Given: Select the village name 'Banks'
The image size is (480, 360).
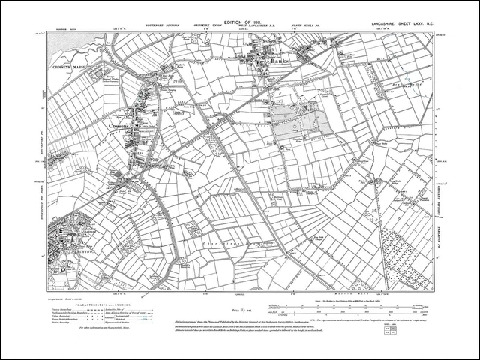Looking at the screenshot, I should tap(279, 63).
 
